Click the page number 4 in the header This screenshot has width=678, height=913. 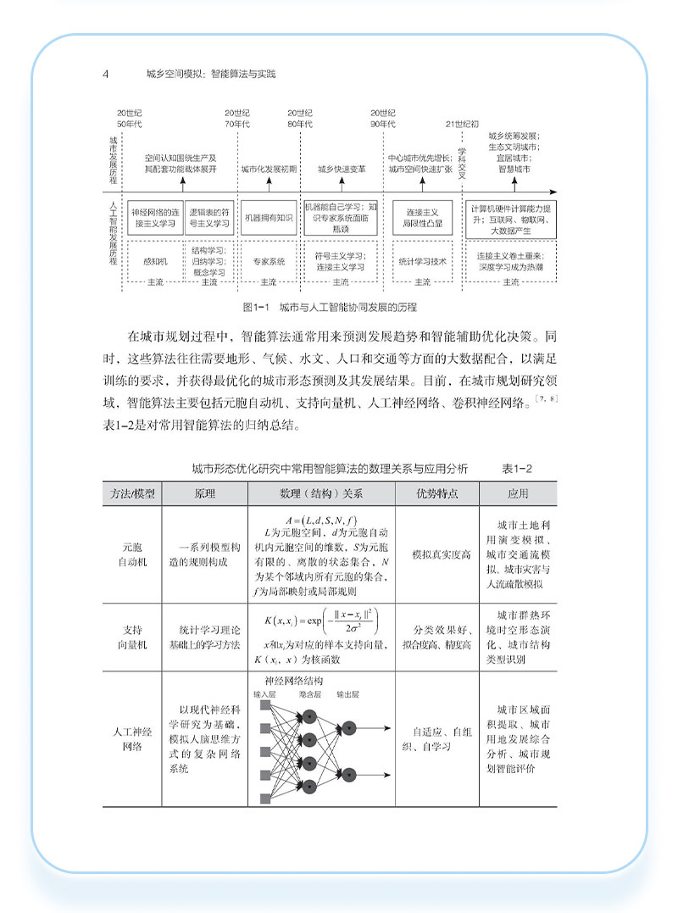coord(105,74)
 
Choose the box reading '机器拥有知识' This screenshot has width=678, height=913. coord(268,217)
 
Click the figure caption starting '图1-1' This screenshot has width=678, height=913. coord(330,306)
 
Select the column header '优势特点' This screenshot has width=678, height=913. coord(437,493)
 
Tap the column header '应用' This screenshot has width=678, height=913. coord(518,493)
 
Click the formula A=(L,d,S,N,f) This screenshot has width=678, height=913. coord(322,519)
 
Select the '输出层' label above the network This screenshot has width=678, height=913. coord(349,693)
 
